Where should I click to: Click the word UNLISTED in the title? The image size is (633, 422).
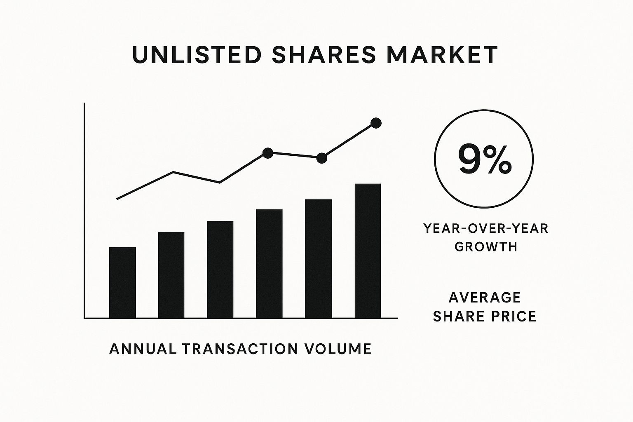pos(197,54)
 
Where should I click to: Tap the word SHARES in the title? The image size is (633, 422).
pos(324,54)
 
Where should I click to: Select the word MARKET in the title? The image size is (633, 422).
pos(442,54)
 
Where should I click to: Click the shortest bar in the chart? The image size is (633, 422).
pos(122,283)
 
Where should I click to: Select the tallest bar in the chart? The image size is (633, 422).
pos(368,251)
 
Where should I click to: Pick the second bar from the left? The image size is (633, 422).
pos(171,275)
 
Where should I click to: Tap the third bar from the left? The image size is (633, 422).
pos(220,270)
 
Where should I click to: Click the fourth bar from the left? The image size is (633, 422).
pos(269,264)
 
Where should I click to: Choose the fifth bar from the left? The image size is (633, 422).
pos(319,259)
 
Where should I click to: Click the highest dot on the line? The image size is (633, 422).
pos(376,123)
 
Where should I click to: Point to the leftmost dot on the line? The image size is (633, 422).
pos(268,153)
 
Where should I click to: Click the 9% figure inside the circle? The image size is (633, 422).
pos(485,159)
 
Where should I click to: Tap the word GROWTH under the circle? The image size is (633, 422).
pos(486,247)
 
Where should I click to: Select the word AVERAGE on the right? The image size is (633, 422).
pos(485,298)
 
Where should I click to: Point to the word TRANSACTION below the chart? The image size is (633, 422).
pos(240,349)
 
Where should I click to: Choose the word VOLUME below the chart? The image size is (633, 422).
pos(338,349)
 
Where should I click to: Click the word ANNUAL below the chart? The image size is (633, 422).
pos(143,349)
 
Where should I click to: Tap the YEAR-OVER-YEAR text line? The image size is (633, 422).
pos(486,228)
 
